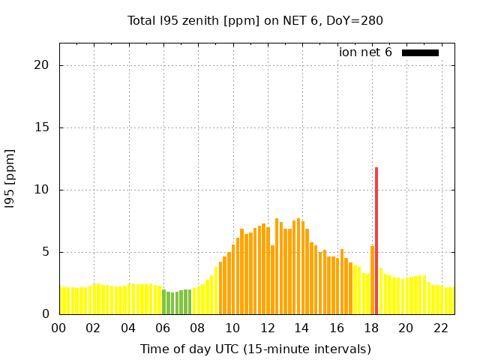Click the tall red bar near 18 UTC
(x=376, y=240)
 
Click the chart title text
(x=255, y=20)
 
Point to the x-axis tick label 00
(x=58, y=328)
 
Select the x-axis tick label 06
(x=163, y=328)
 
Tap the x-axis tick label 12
(x=267, y=328)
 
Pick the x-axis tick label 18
(x=371, y=328)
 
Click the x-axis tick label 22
(x=441, y=328)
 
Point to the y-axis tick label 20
(x=41, y=65)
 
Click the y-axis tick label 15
(x=41, y=127)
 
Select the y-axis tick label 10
(x=41, y=190)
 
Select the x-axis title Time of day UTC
(x=255, y=349)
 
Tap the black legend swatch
(x=420, y=52)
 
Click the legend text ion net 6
(x=365, y=52)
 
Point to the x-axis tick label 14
(x=301, y=328)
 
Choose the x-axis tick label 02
(x=93, y=328)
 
